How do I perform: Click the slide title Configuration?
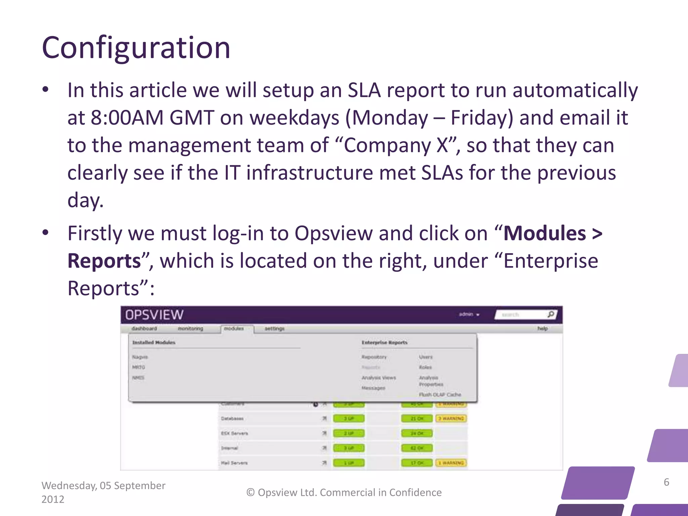pos(136,48)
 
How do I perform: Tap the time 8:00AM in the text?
pos(127,118)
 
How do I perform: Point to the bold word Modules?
pos(545,233)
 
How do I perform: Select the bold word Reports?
pos(104,261)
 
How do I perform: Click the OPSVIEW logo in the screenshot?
pos(154,315)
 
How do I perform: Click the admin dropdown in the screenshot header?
pos(469,314)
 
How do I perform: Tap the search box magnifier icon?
pos(551,314)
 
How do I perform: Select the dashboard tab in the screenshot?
pos(144,329)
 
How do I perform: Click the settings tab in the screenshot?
pos(274,329)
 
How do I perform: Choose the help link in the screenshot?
pos(542,329)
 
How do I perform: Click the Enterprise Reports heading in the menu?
pos(384,343)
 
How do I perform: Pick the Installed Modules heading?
pos(154,343)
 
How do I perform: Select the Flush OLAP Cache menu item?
pos(440,395)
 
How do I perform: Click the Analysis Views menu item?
pos(379,378)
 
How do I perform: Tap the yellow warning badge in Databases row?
pos(451,419)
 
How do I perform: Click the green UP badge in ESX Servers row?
pos(348,433)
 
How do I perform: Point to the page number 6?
pos(666,482)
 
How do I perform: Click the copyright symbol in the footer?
pos(251,493)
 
